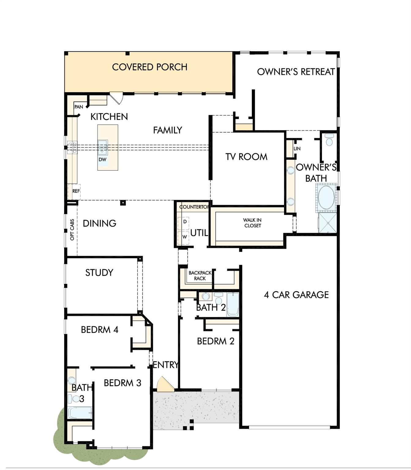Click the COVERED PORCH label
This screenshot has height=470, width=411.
click(x=150, y=67)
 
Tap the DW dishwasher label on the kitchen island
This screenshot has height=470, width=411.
click(x=103, y=159)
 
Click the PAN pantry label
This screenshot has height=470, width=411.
click(x=79, y=107)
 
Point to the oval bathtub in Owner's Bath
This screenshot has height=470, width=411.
click(x=326, y=197)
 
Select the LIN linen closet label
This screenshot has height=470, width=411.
click(x=297, y=148)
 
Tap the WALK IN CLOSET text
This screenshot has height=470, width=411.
click(x=252, y=223)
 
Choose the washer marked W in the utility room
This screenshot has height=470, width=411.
click(x=184, y=237)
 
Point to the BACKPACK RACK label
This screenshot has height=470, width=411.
click(x=200, y=275)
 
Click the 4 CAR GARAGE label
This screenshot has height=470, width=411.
click(x=296, y=295)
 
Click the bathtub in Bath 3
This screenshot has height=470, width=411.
click(x=80, y=413)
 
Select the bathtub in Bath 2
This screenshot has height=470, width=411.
click(x=233, y=304)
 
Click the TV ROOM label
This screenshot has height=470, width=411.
click(x=246, y=157)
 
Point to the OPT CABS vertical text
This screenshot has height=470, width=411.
click(x=72, y=229)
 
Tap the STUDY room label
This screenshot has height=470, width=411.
click(x=99, y=273)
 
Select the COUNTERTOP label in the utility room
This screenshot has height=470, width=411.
click(x=194, y=207)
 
